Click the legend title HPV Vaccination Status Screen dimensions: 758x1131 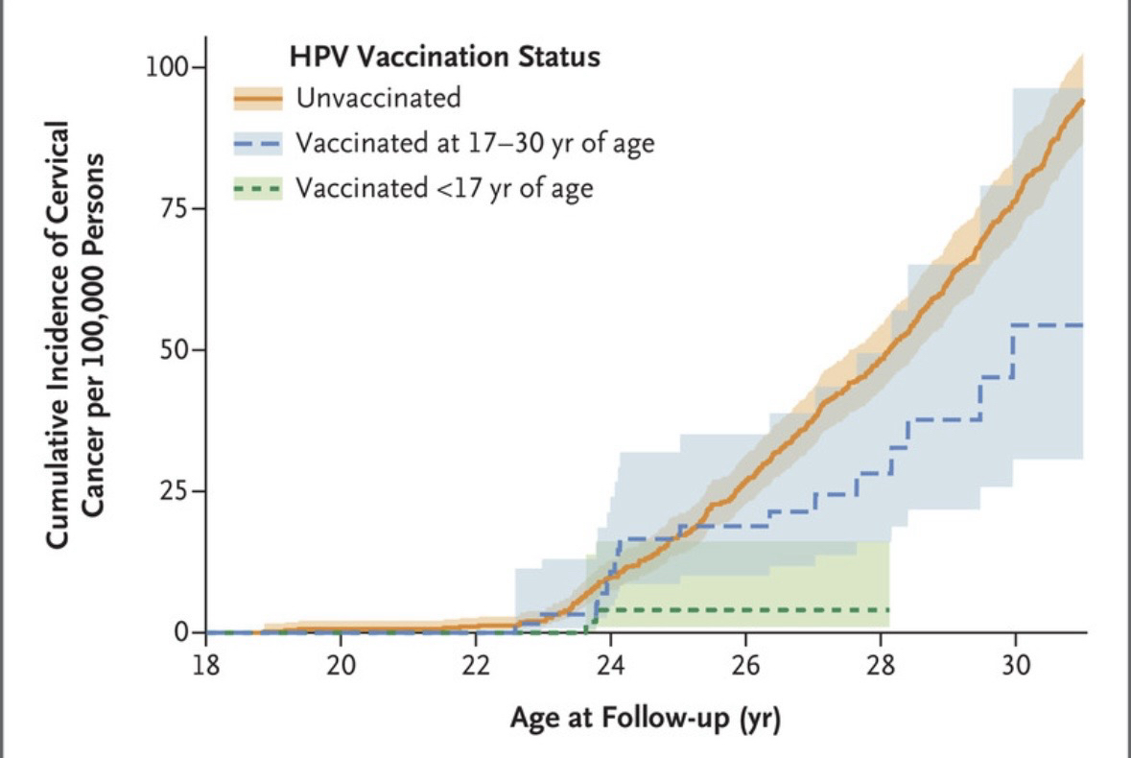coord(445,57)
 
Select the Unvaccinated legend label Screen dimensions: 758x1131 coord(378,98)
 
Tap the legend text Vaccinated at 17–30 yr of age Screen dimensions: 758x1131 coord(475,144)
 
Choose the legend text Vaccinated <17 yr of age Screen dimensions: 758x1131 coord(444,188)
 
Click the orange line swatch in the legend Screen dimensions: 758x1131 coord(258,99)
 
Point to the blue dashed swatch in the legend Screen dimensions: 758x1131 coord(258,144)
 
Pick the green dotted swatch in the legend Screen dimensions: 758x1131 coord(258,189)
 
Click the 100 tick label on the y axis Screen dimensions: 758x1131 coord(169,68)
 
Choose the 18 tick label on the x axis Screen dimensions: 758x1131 coord(206,666)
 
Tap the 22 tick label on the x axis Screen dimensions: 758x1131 coord(477,666)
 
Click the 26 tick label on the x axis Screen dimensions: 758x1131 coord(745,666)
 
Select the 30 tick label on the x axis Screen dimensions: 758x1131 coord(1016,666)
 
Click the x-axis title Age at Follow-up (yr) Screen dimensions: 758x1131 coord(645,718)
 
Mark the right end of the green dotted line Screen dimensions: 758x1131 coord(889,609)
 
